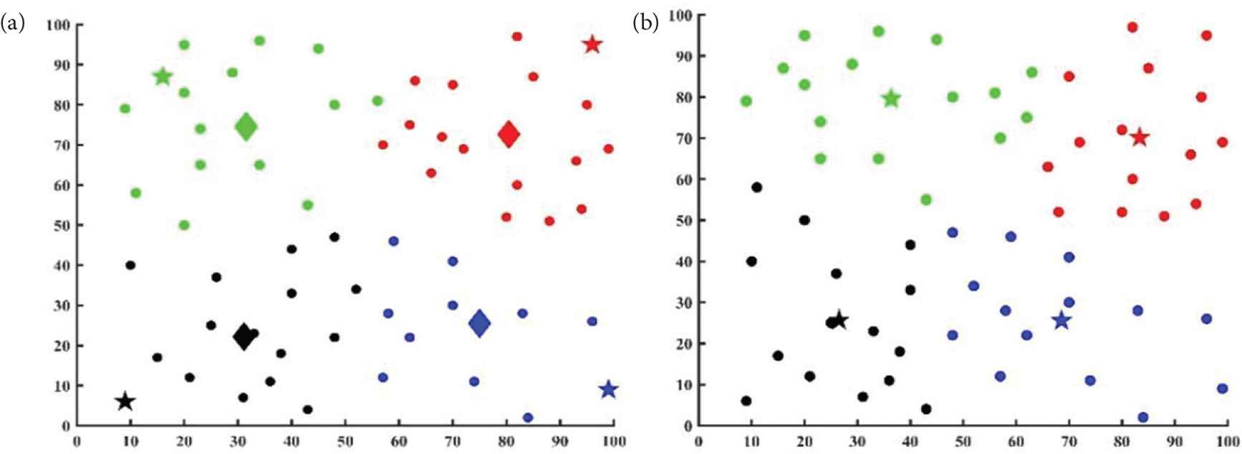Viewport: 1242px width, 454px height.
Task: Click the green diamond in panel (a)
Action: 246,127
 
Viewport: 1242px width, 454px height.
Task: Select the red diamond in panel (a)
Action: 509,134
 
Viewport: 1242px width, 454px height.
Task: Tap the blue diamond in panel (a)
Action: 480,324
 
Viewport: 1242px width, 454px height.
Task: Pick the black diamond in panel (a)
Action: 244,336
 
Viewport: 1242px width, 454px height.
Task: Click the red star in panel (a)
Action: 592,44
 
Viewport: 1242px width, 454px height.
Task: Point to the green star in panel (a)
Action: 163,77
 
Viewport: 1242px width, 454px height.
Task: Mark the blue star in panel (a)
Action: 608,390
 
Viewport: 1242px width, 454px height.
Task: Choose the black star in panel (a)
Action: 125,402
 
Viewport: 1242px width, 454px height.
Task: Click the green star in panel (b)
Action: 891,98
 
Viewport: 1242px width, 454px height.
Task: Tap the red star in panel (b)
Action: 1140,137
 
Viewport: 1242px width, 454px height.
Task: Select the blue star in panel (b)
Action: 1062,321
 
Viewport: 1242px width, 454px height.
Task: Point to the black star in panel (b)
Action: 839,320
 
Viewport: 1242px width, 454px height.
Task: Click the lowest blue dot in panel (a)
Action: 528,417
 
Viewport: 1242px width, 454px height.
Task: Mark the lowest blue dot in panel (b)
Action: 1143,417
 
